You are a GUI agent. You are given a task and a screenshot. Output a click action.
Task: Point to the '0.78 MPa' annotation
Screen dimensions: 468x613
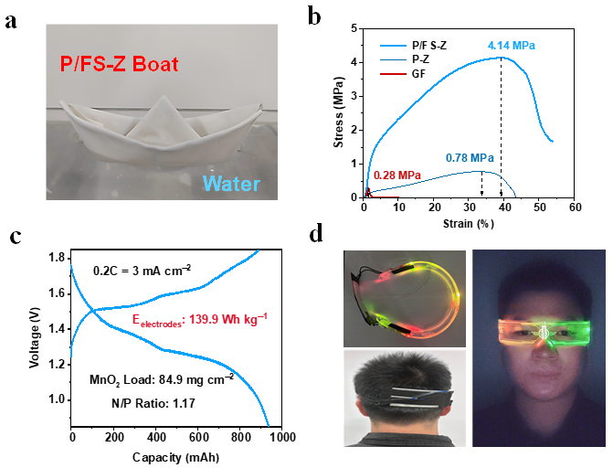pyautogui.click(x=471, y=156)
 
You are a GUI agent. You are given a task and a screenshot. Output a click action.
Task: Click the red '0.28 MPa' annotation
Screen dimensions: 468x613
pyautogui.click(x=396, y=175)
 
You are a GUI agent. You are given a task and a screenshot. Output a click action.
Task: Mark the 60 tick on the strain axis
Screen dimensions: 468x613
pyautogui.click(x=575, y=208)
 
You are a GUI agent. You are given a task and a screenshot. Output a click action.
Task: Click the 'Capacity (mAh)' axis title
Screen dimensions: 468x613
pyautogui.click(x=176, y=454)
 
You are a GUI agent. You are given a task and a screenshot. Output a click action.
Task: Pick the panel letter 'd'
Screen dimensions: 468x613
pyautogui.click(x=315, y=235)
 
